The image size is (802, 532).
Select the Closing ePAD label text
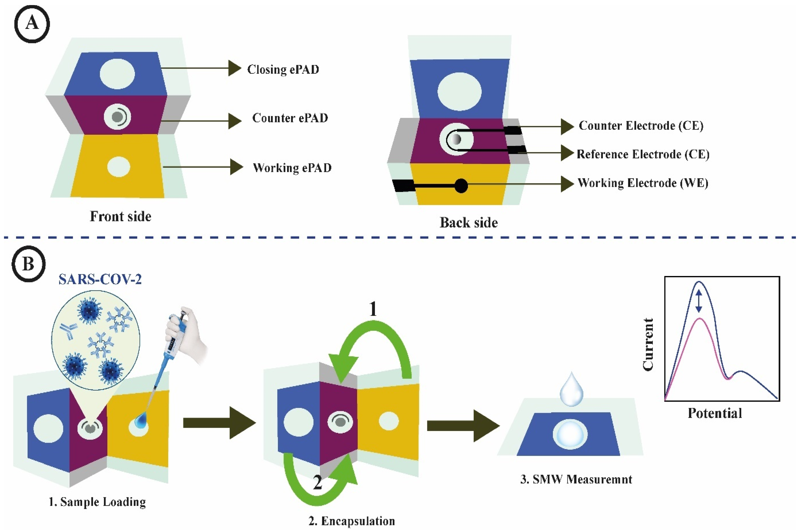click(283, 69)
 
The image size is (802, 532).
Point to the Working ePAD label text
click(292, 168)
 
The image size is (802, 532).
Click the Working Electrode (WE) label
click(643, 183)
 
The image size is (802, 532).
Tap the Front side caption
click(120, 216)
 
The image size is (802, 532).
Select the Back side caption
click(469, 223)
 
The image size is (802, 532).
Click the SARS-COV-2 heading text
click(100, 279)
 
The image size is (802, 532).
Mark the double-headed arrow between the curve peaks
click(698, 301)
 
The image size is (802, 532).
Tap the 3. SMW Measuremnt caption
click(576, 479)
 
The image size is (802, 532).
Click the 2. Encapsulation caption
click(352, 521)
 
